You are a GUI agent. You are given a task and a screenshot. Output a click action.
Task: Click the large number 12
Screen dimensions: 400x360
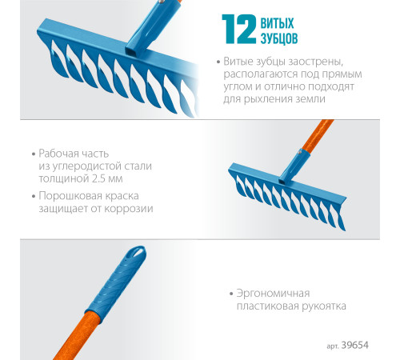point(239,29)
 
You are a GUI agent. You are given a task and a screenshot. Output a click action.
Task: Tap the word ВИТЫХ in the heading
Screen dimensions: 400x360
point(277,23)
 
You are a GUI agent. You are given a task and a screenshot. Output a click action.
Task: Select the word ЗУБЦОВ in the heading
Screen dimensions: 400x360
point(279,38)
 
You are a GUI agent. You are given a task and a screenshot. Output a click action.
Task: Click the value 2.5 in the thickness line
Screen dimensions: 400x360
point(98,178)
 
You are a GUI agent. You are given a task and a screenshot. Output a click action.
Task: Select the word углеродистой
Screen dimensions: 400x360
point(87,166)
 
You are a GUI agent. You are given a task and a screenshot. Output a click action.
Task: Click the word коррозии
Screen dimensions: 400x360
point(129,209)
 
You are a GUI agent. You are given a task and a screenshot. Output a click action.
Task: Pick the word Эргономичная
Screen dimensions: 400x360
point(273,294)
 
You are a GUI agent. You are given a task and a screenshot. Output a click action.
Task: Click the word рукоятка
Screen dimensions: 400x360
point(324,306)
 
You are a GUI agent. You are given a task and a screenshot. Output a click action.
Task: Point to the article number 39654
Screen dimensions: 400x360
point(355,345)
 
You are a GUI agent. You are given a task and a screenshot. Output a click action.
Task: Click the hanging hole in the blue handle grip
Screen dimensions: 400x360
point(138,252)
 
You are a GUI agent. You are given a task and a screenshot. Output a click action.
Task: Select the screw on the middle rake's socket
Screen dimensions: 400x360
point(299,152)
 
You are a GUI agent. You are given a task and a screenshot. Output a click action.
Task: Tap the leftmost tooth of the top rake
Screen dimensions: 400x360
point(58,58)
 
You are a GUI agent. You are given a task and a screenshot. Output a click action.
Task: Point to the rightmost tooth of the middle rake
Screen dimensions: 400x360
point(341,218)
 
